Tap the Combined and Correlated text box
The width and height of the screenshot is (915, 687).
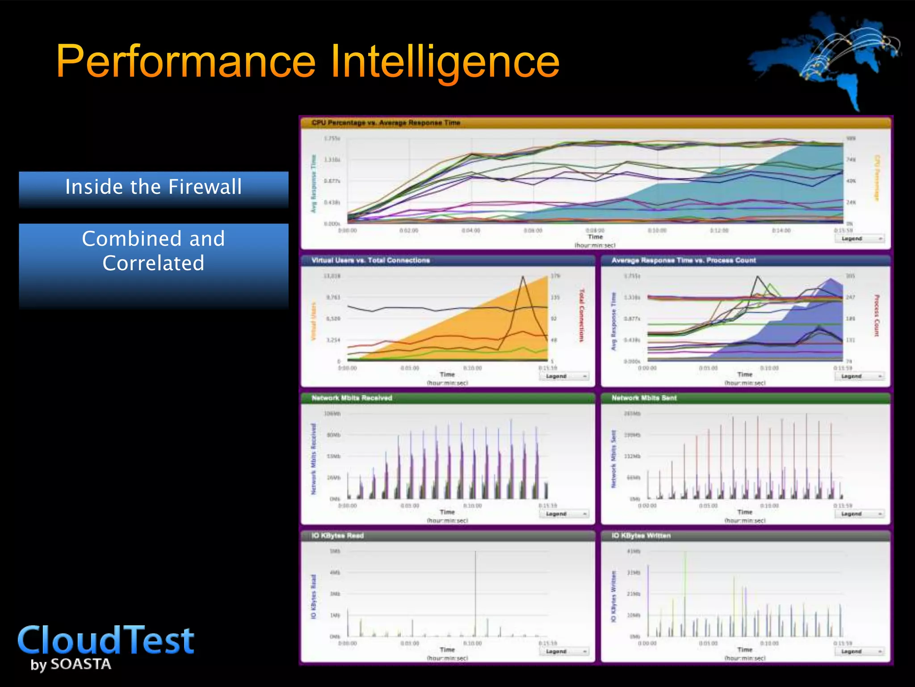153,251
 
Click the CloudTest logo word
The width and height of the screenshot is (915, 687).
106,640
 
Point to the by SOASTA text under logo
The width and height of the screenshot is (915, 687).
71,664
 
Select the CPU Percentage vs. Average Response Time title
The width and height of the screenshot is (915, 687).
386,123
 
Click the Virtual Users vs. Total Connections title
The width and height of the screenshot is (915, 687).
370,260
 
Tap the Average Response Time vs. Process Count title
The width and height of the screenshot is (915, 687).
683,260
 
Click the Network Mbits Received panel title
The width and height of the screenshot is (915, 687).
352,398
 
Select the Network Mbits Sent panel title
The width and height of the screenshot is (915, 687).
644,398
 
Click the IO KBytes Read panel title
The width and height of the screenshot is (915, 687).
337,536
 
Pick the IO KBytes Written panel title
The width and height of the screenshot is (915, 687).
641,536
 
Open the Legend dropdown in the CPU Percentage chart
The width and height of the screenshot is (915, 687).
859,239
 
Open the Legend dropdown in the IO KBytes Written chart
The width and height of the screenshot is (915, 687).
859,652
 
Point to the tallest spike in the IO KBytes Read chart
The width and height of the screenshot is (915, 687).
475,555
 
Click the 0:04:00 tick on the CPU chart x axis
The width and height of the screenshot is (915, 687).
471,231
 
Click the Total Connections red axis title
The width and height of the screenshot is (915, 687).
581,315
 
